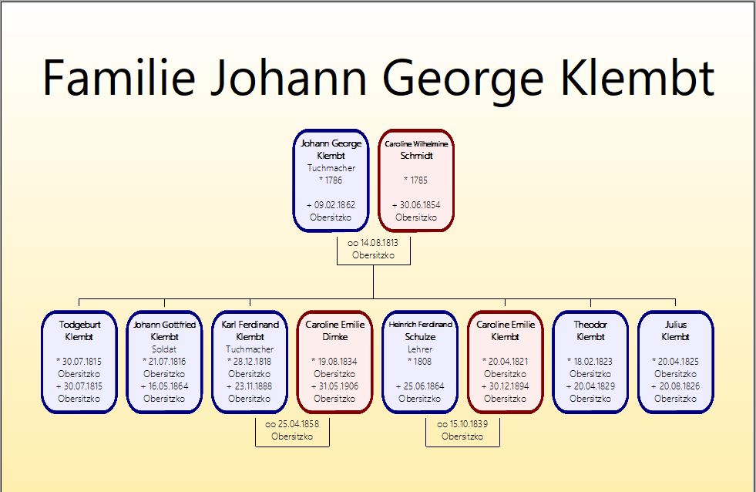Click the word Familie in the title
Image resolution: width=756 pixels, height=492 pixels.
pos(119,77)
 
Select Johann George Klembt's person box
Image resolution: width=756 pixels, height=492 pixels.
pos(331,180)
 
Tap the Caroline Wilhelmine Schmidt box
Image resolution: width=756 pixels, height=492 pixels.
pos(416,180)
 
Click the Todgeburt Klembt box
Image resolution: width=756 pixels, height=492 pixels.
pos(79,362)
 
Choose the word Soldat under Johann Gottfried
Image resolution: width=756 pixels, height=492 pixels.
pos(164,349)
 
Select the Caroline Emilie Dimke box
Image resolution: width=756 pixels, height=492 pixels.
pos(334,362)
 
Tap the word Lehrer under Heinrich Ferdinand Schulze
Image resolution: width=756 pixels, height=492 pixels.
pos(420,349)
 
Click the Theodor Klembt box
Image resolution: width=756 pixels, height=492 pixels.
pos(590,362)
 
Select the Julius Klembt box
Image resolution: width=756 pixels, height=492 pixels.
pos(676,362)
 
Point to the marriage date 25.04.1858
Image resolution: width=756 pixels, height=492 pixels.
pos(298,424)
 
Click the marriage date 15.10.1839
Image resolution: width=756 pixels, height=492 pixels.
pos(468,424)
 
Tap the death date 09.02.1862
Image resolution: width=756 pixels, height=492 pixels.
pos(334,205)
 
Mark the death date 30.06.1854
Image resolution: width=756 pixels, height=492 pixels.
pos(420,205)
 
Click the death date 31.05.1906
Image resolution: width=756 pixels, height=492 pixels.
pos(338,386)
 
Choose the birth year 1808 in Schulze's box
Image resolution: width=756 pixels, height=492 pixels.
pos(423,361)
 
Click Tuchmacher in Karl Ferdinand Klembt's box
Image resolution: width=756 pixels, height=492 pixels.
pos(250,349)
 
